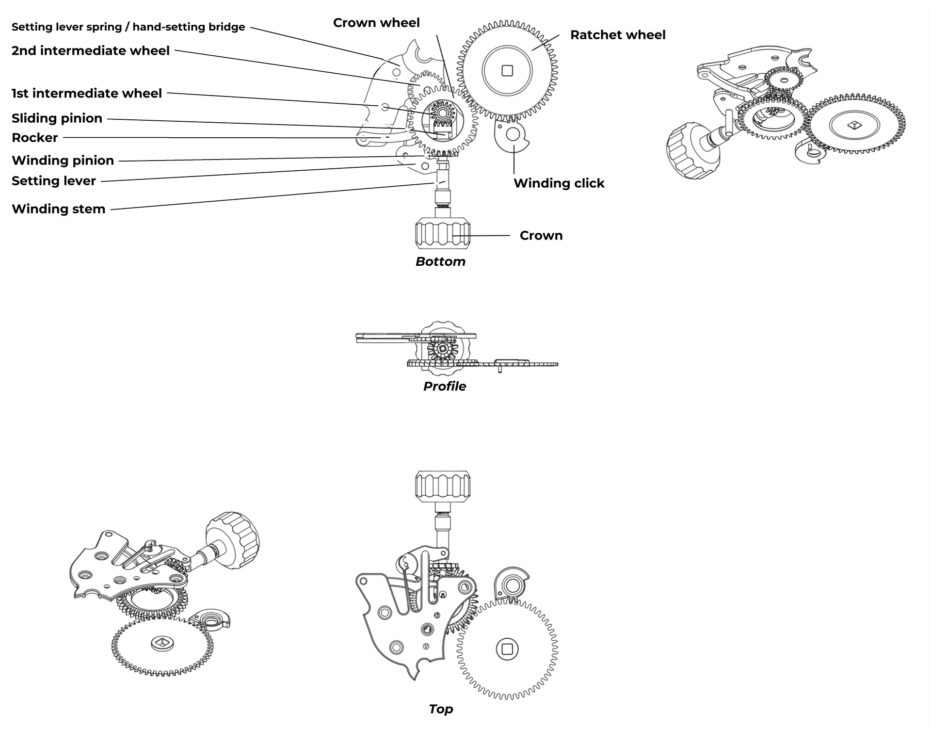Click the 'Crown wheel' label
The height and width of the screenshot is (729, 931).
(376, 23)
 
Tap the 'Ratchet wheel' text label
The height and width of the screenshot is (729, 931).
(618, 35)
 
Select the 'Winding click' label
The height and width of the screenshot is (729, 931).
(559, 183)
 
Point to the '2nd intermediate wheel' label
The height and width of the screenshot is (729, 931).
(91, 51)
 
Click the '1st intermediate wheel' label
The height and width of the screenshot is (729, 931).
(87, 94)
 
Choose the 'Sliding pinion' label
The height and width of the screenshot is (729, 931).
(57, 119)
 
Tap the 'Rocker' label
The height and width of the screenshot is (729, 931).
(35, 138)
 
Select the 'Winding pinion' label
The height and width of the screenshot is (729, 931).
(63, 161)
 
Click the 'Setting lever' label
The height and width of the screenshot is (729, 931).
(54, 181)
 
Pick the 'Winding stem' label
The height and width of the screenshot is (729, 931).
(59, 209)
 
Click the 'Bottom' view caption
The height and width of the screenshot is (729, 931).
(440, 261)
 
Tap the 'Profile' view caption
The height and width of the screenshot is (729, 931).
(445, 386)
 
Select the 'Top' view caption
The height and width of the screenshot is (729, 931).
(441, 709)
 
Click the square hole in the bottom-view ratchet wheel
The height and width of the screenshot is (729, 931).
(507, 71)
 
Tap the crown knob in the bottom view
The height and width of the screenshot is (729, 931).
(443, 234)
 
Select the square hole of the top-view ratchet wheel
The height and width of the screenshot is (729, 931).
(507, 648)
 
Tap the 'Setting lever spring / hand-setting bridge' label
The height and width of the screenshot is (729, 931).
(128, 27)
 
